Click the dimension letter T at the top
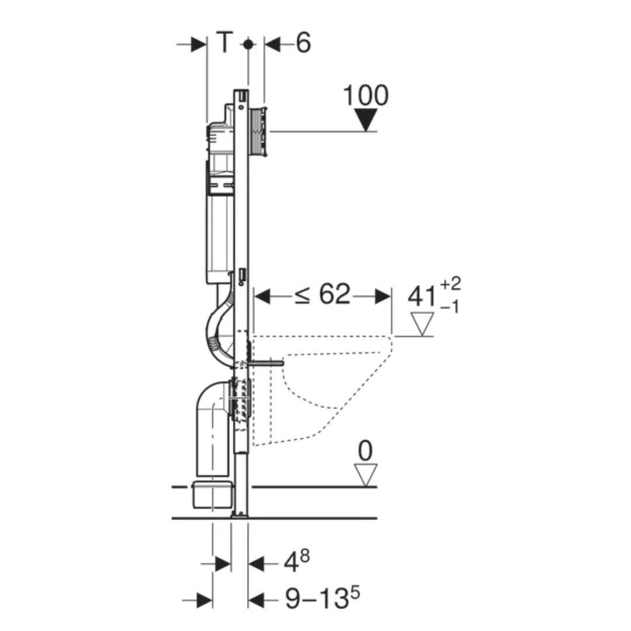pyautogui.click(x=225, y=43)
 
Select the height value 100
pyautogui.click(x=365, y=95)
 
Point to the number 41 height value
pyautogui.click(x=422, y=296)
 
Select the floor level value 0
pyautogui.click(x=365, y=451)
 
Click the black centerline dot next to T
pyautogui.click(x=248, y=44)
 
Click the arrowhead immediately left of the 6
pyautogui.click(x=273, y=44)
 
